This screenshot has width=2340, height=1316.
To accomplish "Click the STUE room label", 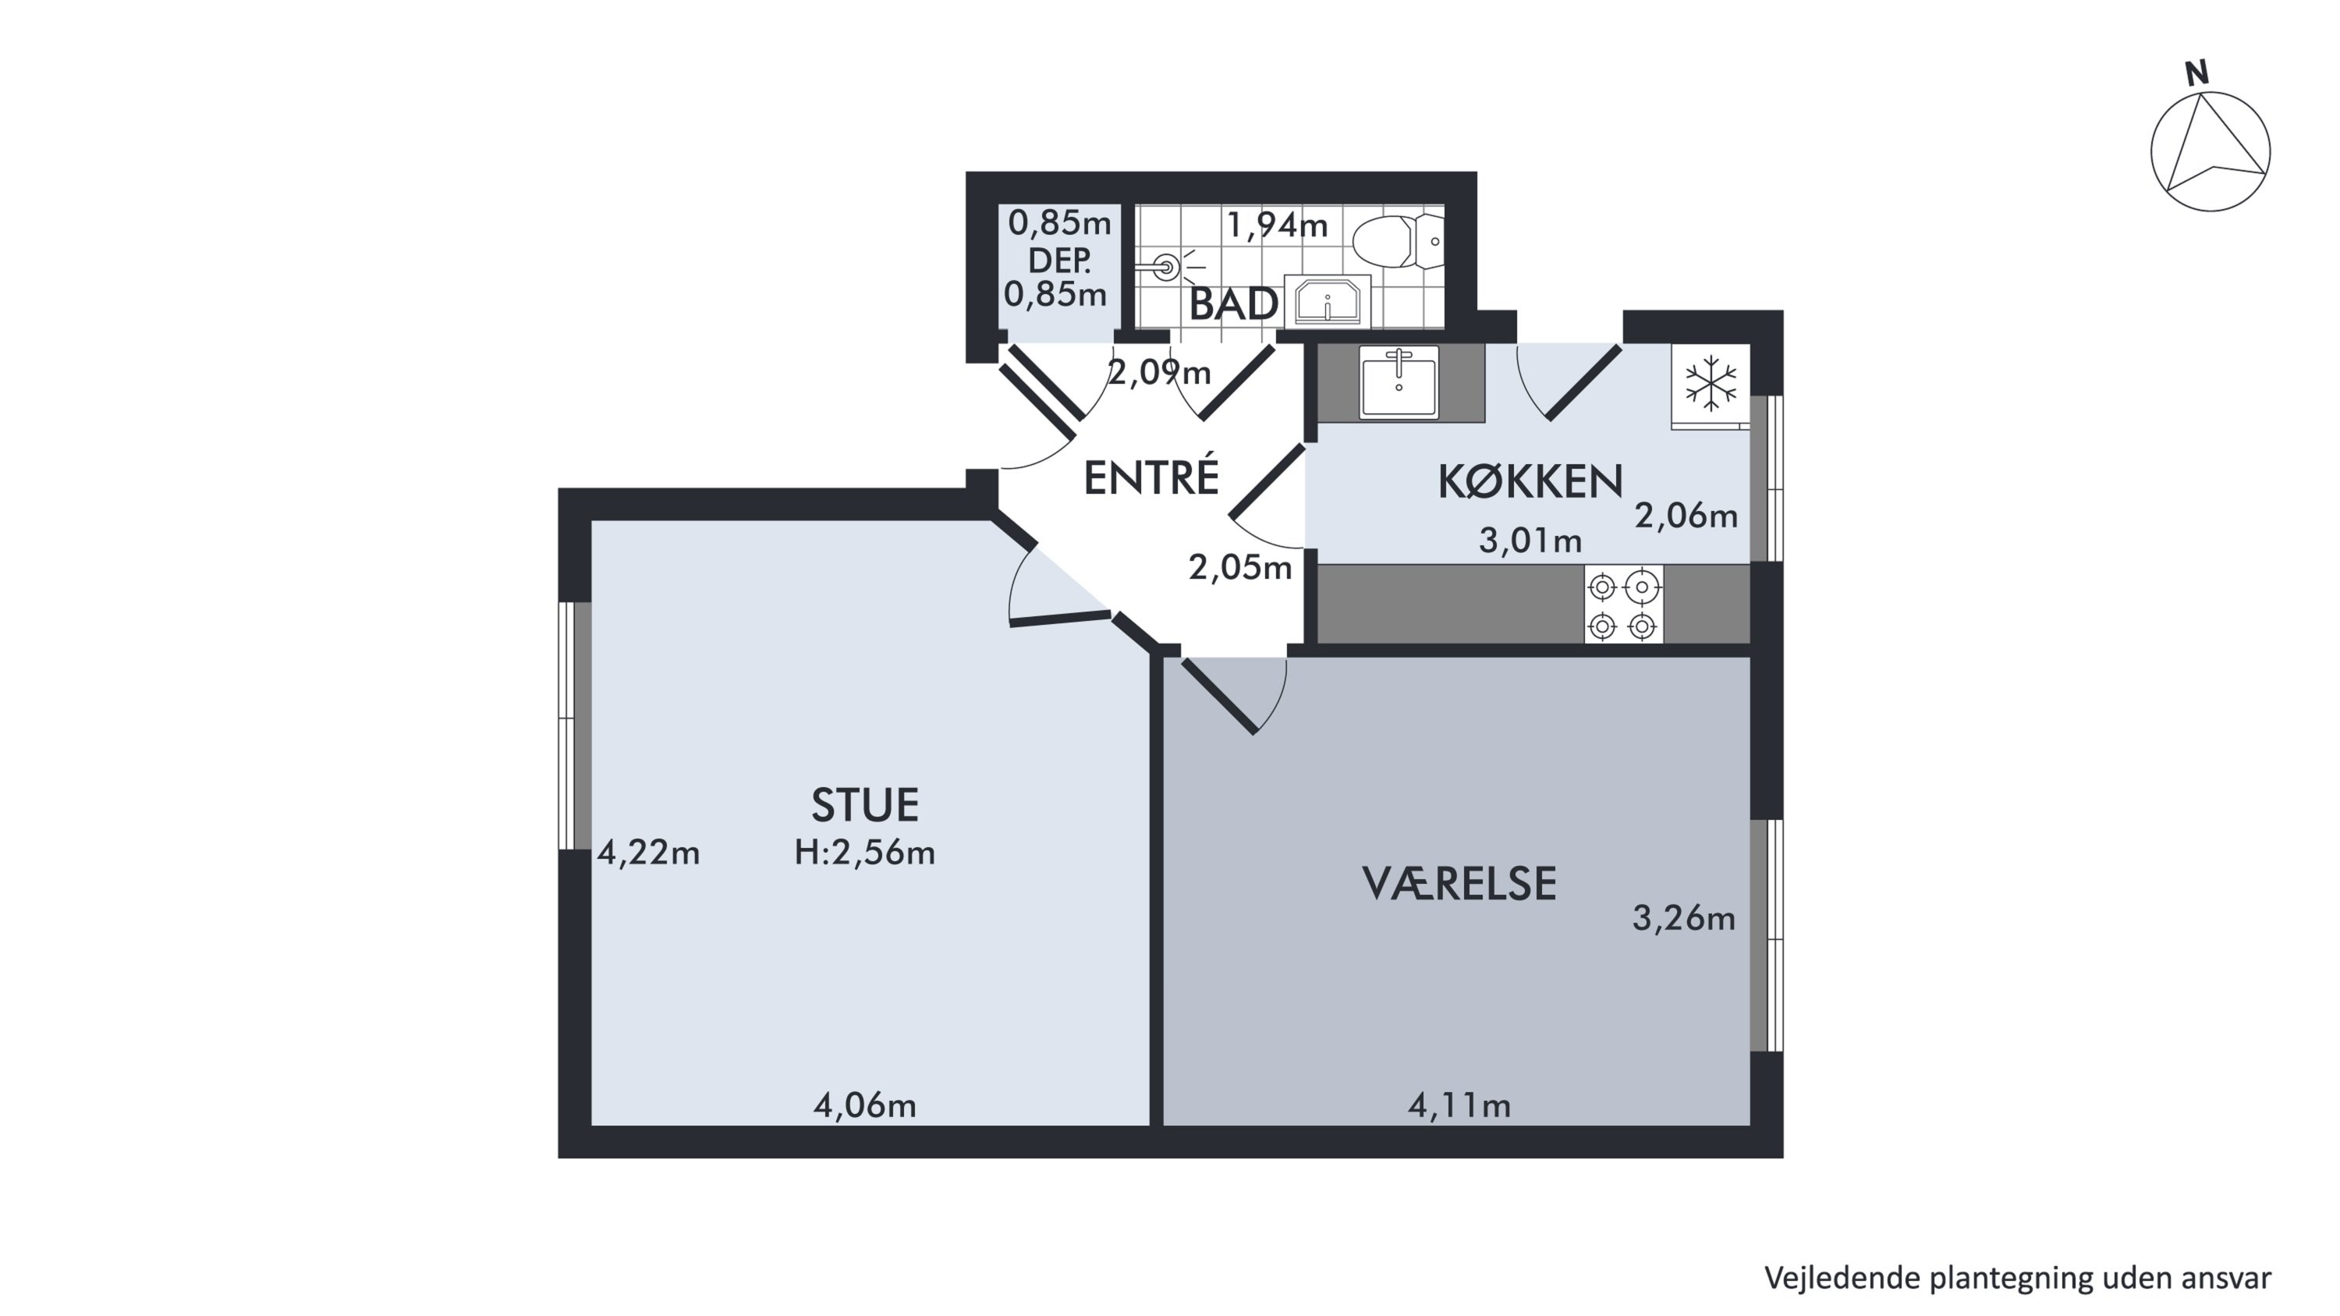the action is tap(865, 805).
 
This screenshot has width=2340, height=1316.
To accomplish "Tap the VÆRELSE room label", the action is tap(1459, 884).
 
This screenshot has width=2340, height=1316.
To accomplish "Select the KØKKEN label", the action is tap(1530, 482).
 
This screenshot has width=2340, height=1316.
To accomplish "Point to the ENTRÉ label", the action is tap(1151, 477).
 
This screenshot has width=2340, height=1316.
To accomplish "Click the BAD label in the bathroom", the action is tap(1234, 304).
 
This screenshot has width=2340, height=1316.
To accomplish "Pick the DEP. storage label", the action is tap(1059, 261).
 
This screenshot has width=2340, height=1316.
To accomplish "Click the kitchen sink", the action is tap(1399, 381).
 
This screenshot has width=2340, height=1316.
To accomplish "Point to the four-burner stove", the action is tap(1623, 605).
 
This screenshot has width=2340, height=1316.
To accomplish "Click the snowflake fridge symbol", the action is tap(1711, 382).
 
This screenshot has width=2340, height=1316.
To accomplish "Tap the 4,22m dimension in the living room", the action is tap(649, 853).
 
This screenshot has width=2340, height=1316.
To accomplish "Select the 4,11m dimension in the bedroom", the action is tap(1459, 1105).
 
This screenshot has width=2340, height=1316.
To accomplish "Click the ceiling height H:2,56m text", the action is tap(865, 853).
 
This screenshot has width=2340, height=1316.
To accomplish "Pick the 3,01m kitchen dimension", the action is tap(1530, 541).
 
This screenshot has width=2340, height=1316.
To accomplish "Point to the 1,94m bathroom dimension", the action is tap(1277, 225).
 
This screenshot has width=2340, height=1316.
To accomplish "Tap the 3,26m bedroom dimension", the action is tap(1684, 919).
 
